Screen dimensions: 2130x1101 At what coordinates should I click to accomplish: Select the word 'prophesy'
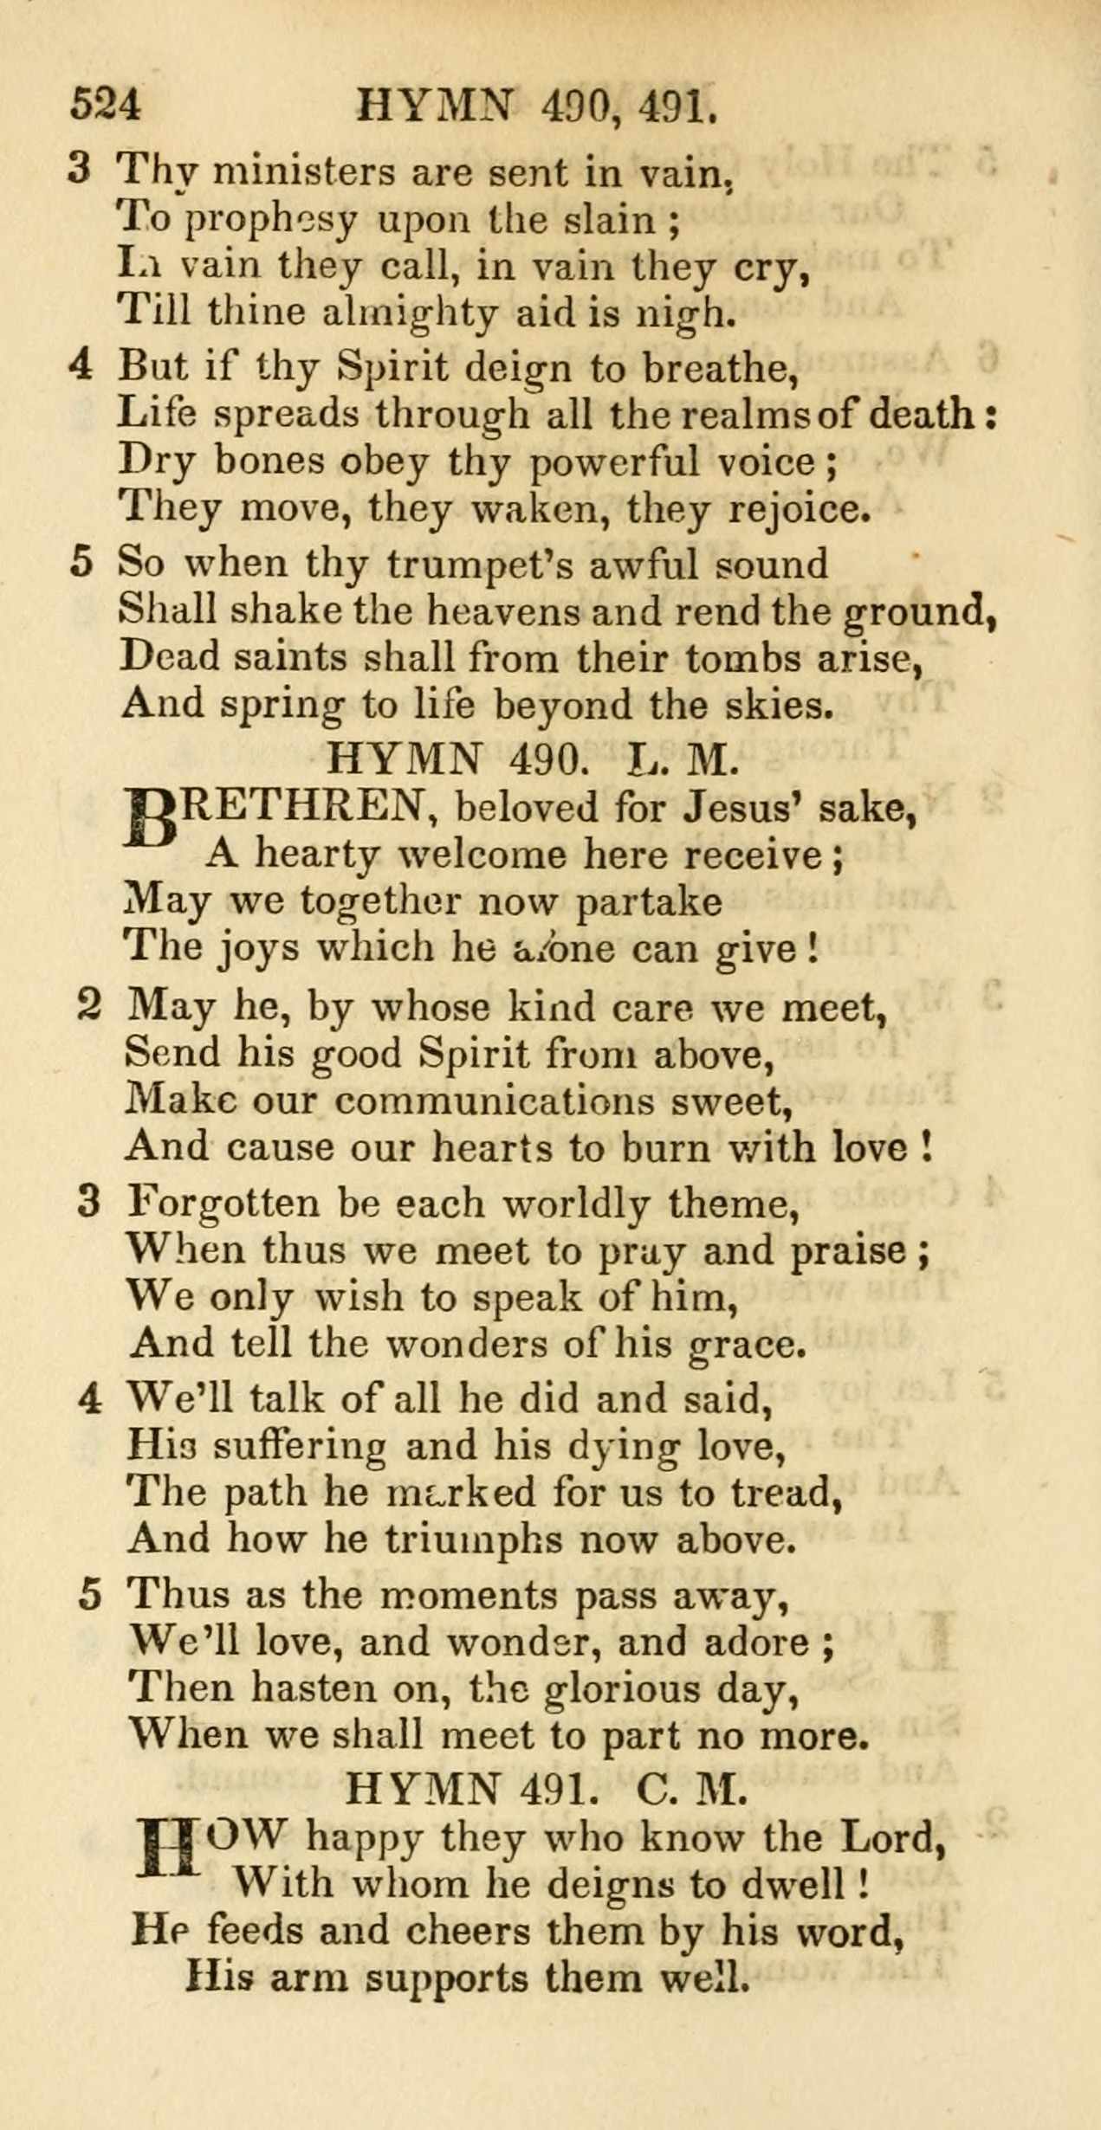(272, 222)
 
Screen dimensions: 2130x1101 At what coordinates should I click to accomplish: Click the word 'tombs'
(745, 658)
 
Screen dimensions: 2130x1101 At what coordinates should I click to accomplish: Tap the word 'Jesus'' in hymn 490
(742, 809)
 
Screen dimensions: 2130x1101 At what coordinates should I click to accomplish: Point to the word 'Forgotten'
(224, 1204)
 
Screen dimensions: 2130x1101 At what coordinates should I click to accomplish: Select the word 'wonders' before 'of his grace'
(466, 1344)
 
